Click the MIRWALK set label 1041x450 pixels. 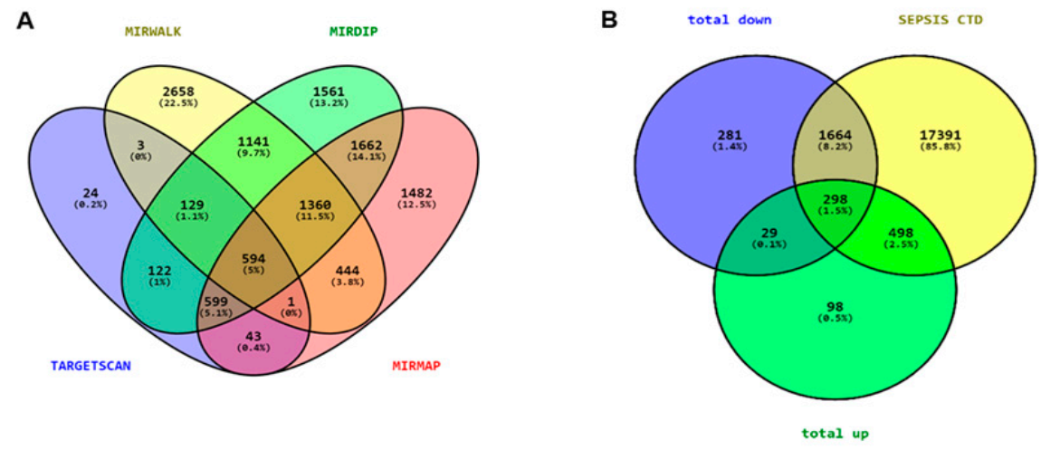[152, 32]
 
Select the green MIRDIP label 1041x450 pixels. [353, 32]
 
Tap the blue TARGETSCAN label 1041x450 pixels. [91, 366]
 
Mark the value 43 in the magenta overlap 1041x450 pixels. [253, 335]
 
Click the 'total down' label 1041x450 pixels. [730, 19]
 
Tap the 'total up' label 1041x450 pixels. [835, 434]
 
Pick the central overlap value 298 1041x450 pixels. [836, 198]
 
